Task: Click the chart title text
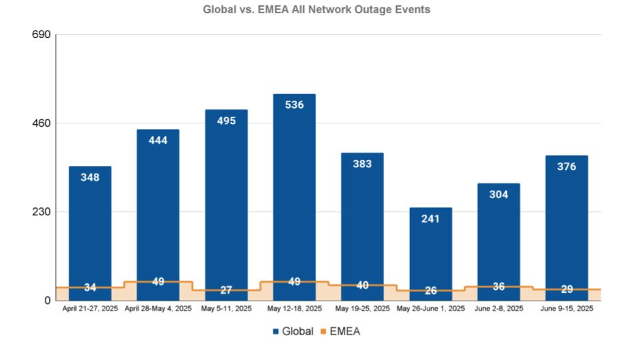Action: click(316, 9)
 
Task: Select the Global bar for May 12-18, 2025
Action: click(294, 197)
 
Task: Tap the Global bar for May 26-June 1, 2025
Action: click(431, 254)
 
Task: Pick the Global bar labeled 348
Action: click(90, 233)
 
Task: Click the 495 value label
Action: click(226, 121)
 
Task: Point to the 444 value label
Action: click(158, 141)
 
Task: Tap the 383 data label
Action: click(363, 164)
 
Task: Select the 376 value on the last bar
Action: click(567, 167)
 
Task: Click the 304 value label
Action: click(499, 194)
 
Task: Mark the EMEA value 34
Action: click(90, 287)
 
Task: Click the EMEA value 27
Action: click(226, 290)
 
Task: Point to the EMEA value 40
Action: click(363, 285)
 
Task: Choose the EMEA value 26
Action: click(431, 291)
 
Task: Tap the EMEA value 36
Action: click(499, 287)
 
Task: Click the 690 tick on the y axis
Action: click(41, 34)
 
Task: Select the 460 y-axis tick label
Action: click(41, 123)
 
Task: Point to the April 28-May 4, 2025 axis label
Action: click(158, 309)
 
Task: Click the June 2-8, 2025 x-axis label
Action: click(499, 309)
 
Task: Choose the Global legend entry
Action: click(293, 331)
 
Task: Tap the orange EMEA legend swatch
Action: click(323, 332)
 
